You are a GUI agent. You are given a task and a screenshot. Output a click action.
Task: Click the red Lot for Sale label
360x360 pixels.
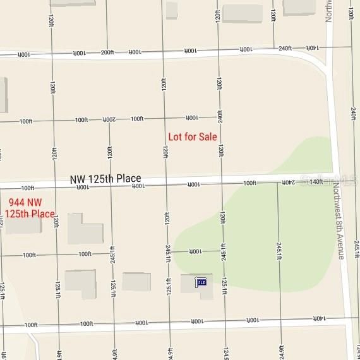(193, 137)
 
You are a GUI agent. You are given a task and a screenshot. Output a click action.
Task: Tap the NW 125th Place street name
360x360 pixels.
(105, 179)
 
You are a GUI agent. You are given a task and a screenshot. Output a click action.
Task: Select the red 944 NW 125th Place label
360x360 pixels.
(30, 208)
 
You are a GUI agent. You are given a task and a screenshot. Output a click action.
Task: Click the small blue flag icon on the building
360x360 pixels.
(201, 282)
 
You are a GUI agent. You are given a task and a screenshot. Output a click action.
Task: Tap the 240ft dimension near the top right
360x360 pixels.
(285, 48)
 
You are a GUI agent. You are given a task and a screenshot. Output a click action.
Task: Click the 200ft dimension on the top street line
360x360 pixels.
(107, 52)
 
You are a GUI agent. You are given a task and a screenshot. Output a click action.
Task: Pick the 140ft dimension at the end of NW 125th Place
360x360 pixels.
(316, 182)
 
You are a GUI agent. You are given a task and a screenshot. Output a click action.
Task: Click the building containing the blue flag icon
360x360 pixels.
(196, 284)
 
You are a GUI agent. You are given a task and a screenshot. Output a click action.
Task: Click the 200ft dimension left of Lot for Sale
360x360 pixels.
(109, 119)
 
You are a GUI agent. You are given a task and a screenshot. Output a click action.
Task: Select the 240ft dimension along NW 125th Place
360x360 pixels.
(287, 183)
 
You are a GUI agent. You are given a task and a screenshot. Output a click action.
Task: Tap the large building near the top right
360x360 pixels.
(243, 13)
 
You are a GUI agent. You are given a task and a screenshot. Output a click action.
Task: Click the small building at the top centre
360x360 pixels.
(171, 10)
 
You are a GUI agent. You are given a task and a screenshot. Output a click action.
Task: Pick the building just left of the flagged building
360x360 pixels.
(136, 282)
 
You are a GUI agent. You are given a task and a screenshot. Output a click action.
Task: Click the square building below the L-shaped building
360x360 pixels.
(80, 284)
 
